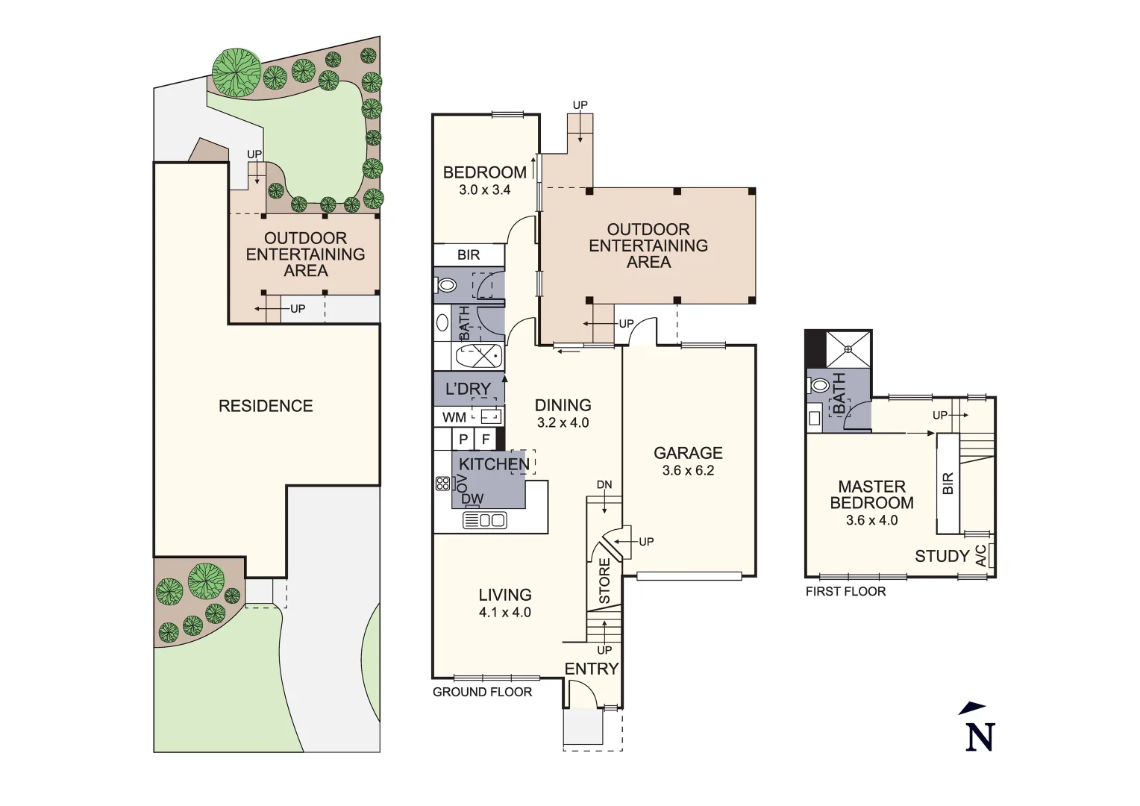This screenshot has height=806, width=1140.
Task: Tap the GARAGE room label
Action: pos(688,453)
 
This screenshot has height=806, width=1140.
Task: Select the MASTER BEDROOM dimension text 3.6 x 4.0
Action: pos(871,520)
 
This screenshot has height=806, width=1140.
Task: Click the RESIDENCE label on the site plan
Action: pos(266,406)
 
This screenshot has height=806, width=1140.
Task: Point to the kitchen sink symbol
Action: pos(485,520)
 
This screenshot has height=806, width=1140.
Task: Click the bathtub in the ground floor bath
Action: pos(479,356)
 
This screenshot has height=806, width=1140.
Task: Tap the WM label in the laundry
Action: pos(454,417)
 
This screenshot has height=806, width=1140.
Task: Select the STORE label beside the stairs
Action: pos(604,581)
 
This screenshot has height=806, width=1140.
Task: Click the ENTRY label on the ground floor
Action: pos(591,669)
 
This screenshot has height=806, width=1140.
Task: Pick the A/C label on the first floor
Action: pos(981,555)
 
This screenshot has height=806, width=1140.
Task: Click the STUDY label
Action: pos(942,556)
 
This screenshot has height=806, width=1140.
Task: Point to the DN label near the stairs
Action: pos(604,484)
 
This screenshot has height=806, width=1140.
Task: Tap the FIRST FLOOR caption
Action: pos(845,591)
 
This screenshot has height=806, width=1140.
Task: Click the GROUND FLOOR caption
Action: pos(482,692)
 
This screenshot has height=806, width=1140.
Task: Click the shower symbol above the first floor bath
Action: pos(849,349)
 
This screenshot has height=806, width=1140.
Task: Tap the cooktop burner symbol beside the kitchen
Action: pos(442,483)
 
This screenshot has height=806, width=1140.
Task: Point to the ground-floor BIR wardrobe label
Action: pos(469,254)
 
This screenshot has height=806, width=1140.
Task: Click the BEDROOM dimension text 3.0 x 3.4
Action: pos(484,190)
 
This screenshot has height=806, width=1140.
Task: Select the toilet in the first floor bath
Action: pos(818,386)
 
